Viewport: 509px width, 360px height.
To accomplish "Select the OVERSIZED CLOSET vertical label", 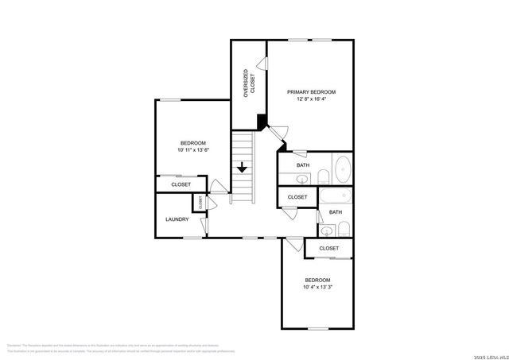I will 248,83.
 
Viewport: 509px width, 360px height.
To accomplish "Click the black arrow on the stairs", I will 242,168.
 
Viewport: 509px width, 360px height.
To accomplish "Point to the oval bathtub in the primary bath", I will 342,169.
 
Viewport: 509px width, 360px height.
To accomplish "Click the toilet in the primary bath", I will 324,176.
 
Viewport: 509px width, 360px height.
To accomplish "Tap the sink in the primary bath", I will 303,177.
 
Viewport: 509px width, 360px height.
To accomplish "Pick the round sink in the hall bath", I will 326,231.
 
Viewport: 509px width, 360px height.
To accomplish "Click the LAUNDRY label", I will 177,219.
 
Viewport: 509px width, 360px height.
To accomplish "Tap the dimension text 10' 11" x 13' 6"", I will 193,150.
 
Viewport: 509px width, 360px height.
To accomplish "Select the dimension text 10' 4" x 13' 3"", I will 318,287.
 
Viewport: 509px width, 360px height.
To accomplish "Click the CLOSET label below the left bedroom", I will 181,184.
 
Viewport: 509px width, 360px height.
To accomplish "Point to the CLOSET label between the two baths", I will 297,197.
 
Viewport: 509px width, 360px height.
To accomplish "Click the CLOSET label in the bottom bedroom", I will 328,248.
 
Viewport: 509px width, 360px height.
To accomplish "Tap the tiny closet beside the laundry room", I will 200,203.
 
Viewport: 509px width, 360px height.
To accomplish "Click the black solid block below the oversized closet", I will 261,121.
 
